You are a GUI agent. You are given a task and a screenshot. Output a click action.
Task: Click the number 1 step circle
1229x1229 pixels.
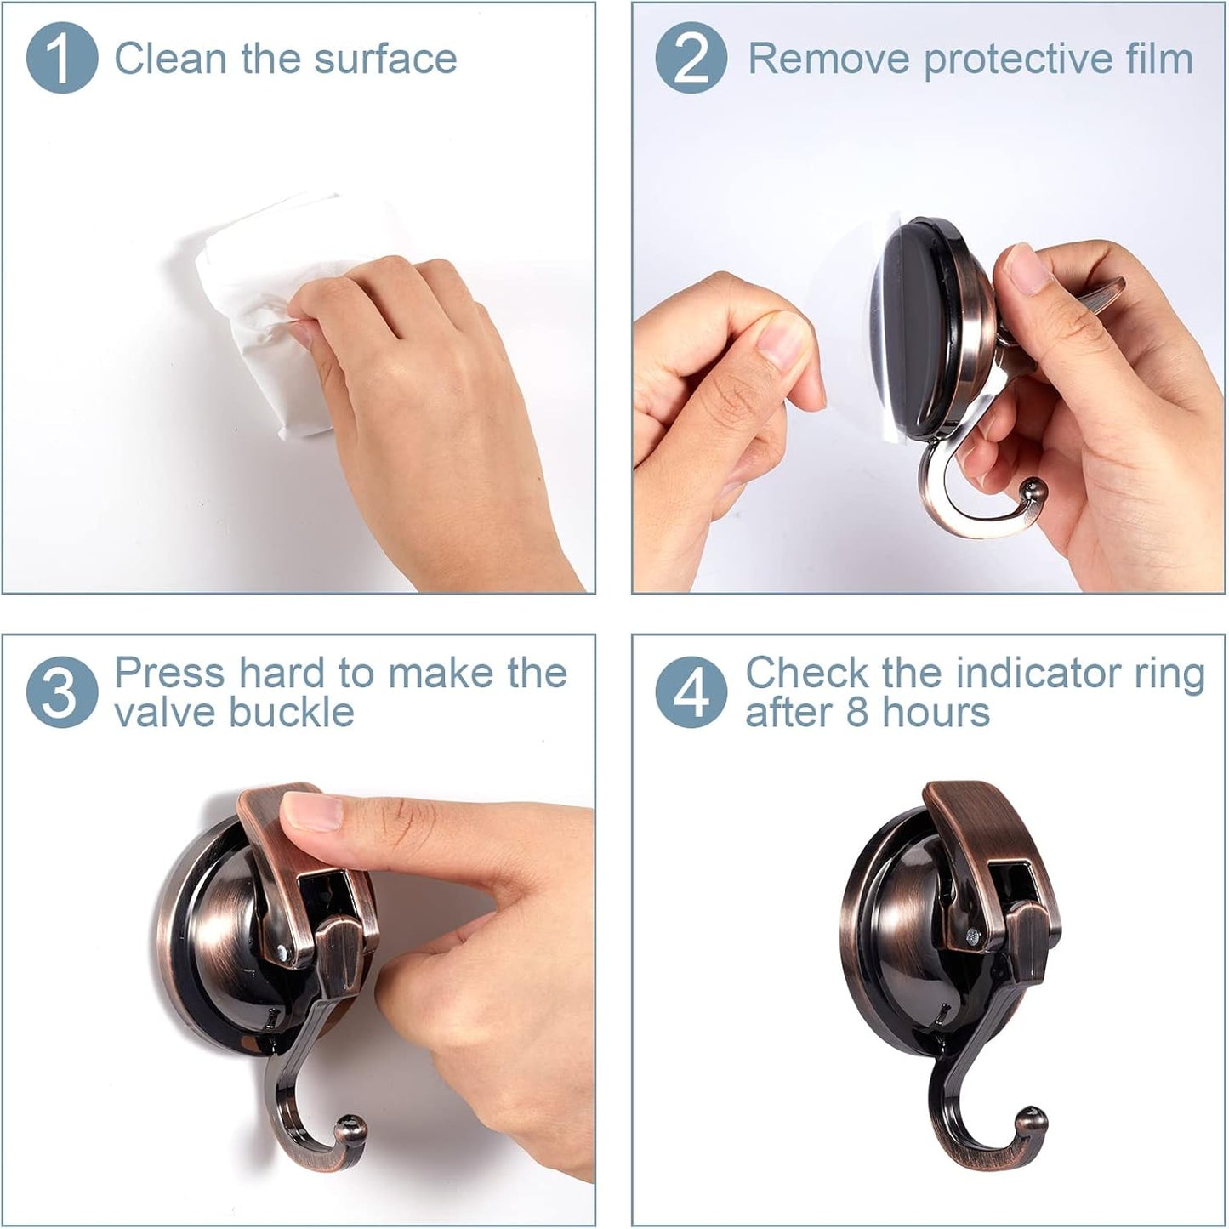[61, 58]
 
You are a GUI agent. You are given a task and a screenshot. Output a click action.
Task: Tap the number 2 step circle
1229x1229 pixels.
[691, 58]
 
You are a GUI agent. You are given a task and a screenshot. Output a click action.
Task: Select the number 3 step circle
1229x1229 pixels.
[61, 691]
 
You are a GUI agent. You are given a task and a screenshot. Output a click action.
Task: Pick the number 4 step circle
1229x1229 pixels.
[691, 691]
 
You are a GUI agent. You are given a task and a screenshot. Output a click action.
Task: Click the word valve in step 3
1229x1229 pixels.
[167, 712]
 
